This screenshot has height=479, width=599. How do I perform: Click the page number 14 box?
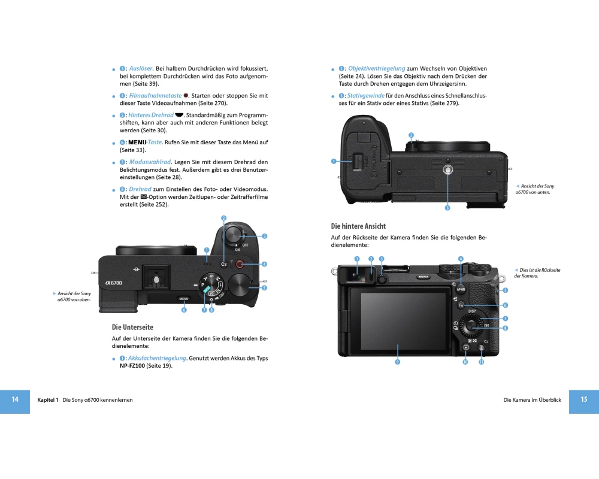15,401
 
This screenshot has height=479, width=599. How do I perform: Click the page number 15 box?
583,401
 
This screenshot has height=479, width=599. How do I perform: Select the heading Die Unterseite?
132,328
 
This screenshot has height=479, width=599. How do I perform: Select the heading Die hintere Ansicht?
358,226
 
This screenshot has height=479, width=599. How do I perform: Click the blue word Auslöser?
141,68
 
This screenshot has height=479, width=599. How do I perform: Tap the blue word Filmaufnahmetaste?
155,95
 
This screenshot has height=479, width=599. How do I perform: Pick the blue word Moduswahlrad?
150,162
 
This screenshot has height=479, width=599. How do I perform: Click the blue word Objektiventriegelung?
376,68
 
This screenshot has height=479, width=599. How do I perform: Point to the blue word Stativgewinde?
365,95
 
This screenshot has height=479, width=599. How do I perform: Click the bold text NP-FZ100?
132,366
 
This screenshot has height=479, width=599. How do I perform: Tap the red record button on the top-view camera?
240,264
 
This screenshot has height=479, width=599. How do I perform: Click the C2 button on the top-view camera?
224,264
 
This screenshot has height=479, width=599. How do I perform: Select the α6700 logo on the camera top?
114,283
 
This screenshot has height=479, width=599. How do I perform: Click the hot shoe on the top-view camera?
156,280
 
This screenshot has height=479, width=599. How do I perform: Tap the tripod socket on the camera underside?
447,169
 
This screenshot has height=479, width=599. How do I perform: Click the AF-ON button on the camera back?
461,289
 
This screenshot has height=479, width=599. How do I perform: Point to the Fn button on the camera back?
461,305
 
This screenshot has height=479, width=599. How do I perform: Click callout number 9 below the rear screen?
397,362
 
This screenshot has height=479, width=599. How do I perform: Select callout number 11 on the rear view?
482,362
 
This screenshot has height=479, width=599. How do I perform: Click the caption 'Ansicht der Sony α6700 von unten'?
535,189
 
